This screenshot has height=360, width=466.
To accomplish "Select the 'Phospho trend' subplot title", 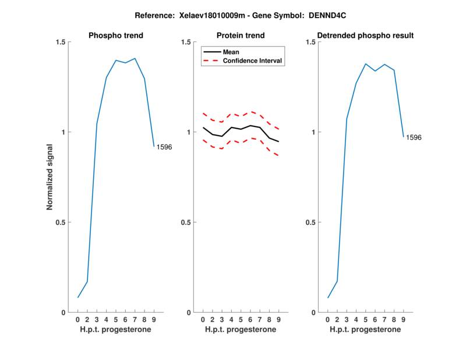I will coord(115,36).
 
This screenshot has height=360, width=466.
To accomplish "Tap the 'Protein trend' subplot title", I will coord(241,36).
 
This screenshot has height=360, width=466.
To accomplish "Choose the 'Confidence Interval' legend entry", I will coord(253,61).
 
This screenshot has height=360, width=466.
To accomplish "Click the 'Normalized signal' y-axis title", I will coord(50,177).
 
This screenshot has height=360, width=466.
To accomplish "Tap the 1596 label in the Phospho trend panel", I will coord(164,147).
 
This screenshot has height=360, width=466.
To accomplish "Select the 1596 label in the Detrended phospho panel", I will coord(414,138).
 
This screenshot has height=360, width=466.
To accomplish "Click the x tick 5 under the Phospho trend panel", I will coord(116,320).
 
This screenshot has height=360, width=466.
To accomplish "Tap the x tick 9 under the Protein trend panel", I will coord(278,320).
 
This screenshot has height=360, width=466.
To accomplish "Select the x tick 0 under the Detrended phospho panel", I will coord(328,320).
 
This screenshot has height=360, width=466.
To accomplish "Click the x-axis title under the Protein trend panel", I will coord(241,330).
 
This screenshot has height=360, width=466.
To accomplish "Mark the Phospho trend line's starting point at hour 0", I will coord(78,298).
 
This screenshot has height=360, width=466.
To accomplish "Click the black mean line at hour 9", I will coord(278,142).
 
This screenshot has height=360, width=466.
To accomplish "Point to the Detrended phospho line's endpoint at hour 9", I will coord(403,137).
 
